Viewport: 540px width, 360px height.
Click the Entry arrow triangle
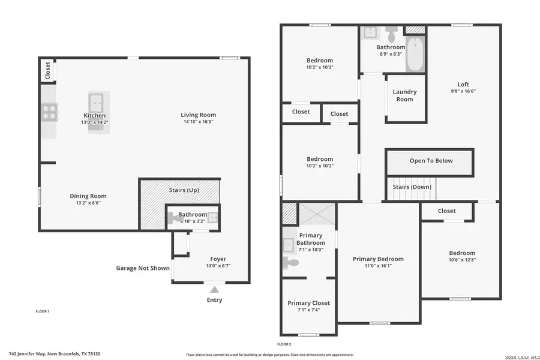click(x=214, y=290)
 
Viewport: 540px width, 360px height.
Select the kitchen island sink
click(x=95, y=101)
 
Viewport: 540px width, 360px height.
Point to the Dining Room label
click(x=88, y=196)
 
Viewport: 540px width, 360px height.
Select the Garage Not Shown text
click(x=143, y=268)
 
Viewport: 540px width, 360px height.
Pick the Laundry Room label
click(x=404, y=95)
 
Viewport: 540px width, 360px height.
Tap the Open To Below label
click(x=431, y=161)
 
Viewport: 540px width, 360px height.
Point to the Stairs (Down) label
click(x=412, y=187)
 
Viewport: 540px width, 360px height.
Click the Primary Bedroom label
click(x=378, y=259)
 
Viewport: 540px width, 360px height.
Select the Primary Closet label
click(x=308, y=303)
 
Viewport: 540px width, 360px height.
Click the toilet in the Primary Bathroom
click(x=290, y=262)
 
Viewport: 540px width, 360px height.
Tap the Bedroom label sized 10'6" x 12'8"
click(x=462, y=253)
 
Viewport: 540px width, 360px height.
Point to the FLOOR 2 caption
click(x=284, y=344)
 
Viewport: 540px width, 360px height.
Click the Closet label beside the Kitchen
click(x=47, y=71)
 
